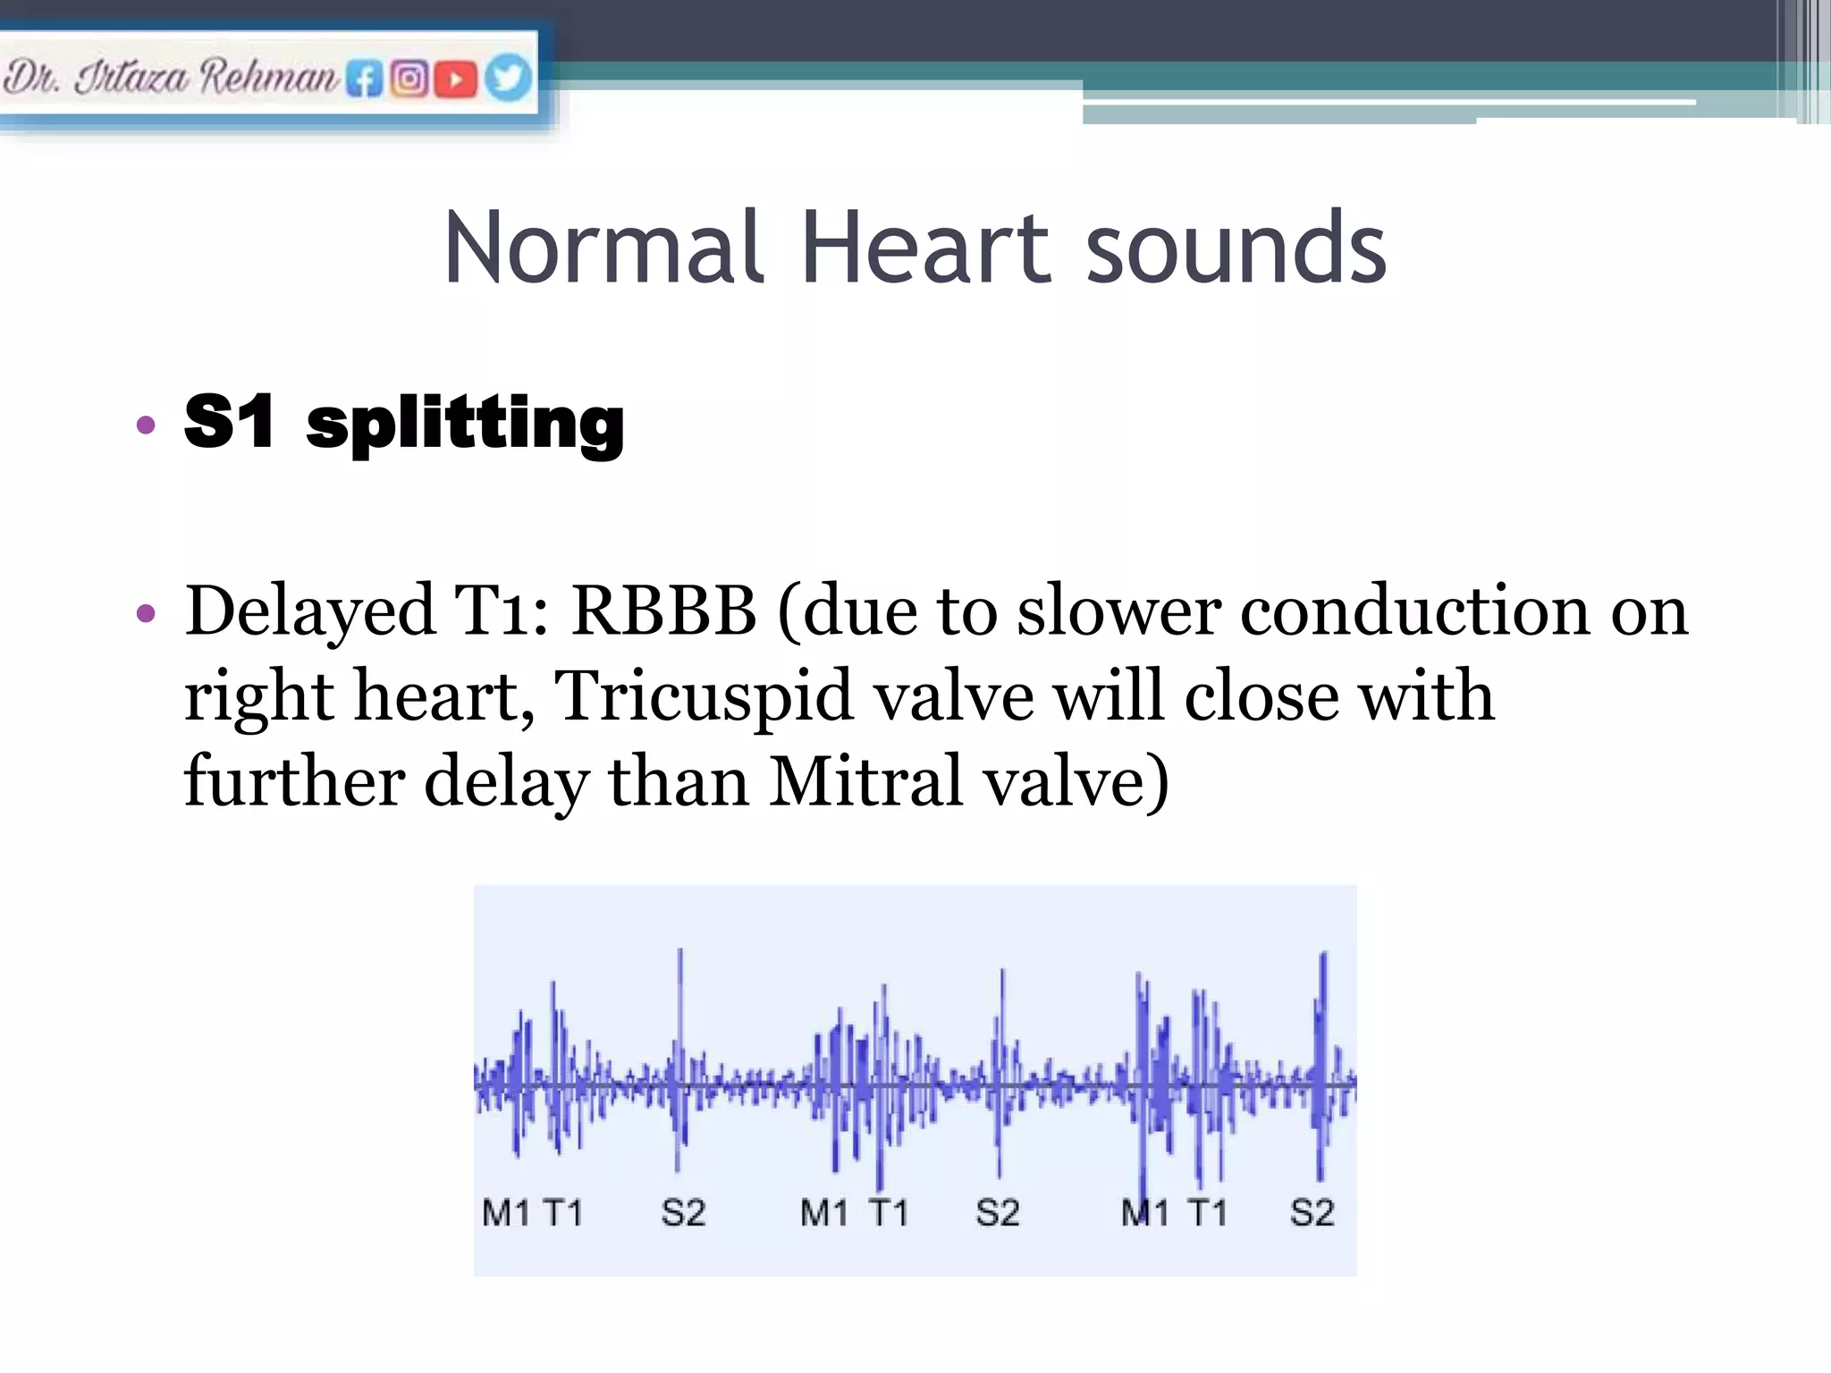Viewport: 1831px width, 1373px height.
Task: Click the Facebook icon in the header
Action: [364, 80]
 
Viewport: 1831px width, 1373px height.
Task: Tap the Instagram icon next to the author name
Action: [409, 80]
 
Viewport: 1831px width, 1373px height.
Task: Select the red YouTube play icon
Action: [456, 80]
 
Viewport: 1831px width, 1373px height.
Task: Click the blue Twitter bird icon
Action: [508, 78]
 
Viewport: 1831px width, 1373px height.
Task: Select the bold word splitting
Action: [465, 424]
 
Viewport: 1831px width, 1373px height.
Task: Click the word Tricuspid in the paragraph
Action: [703, 696]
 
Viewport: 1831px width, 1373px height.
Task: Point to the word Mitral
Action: [865, 782]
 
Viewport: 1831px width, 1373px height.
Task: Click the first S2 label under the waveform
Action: [683, 1213]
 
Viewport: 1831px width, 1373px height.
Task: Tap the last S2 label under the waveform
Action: [1312, 1213]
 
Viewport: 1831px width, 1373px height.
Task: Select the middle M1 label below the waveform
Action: [824, 1213]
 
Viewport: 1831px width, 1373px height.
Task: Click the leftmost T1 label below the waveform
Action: [562, 1213]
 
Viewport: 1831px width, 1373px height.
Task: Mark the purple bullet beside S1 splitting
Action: [146, 425]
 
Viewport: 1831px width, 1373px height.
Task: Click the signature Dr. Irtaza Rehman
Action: [170, 78]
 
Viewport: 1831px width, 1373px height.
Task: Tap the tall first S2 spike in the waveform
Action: [680, 1001]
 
